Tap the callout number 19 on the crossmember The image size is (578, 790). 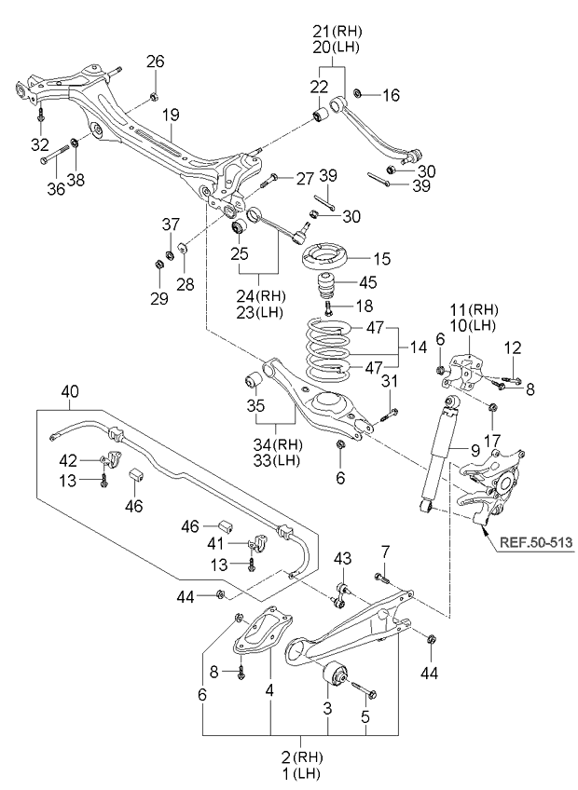point(171,117)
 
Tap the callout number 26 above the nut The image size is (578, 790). point(155,62)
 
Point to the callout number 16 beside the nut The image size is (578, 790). point(390,94)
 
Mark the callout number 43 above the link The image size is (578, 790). point(344,558)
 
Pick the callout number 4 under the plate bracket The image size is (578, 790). point(270,692)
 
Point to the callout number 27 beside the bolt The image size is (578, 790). point(305,178)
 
